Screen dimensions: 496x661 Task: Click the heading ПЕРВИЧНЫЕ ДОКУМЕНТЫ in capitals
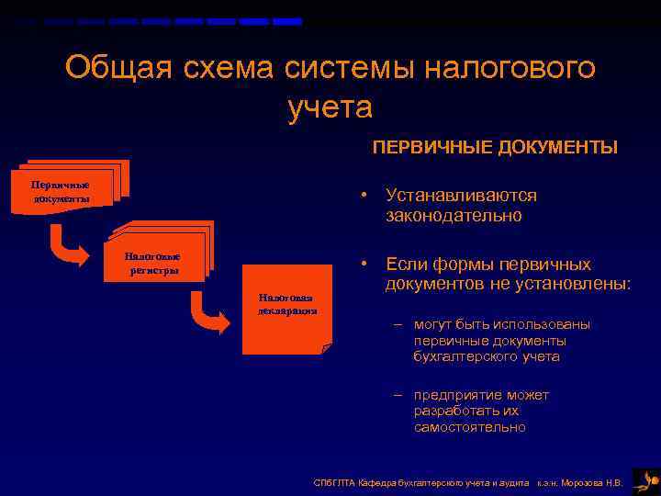click(494, 148)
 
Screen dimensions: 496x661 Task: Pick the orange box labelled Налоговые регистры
click(153, 264)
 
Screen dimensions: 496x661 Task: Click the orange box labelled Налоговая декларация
click(286, 307)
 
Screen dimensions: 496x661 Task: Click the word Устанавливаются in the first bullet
click(461, 196)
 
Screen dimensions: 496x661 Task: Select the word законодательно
click(454, 217)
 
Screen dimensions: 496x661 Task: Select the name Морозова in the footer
click(584, 482)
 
